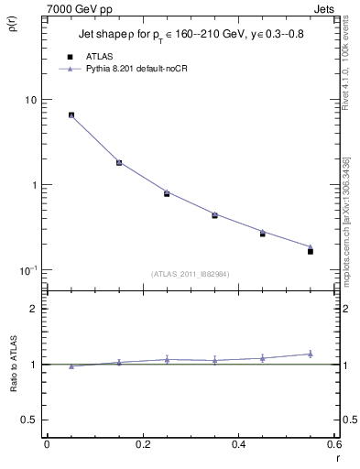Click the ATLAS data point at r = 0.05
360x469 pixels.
[71, 115]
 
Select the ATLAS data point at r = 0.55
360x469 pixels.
[311, 251]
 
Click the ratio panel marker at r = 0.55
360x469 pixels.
[311, 354]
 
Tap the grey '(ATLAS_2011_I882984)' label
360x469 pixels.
[189, 274]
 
